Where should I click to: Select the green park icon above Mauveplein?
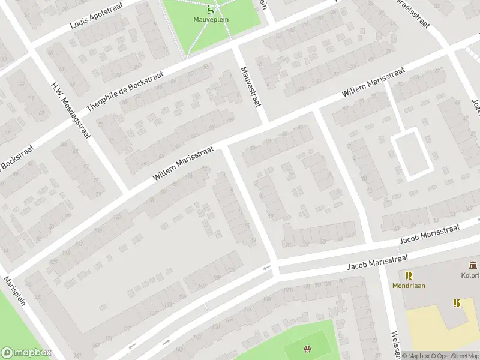(x=209, y=9)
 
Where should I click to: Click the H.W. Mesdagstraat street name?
(x=71, y=109)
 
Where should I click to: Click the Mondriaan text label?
(x=409, y=286)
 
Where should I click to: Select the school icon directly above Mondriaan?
(x=409, y=275)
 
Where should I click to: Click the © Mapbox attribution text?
(x=415, y=356)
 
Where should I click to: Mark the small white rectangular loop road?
(x=411, y=154)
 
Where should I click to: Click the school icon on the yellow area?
(x=456, y=303)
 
